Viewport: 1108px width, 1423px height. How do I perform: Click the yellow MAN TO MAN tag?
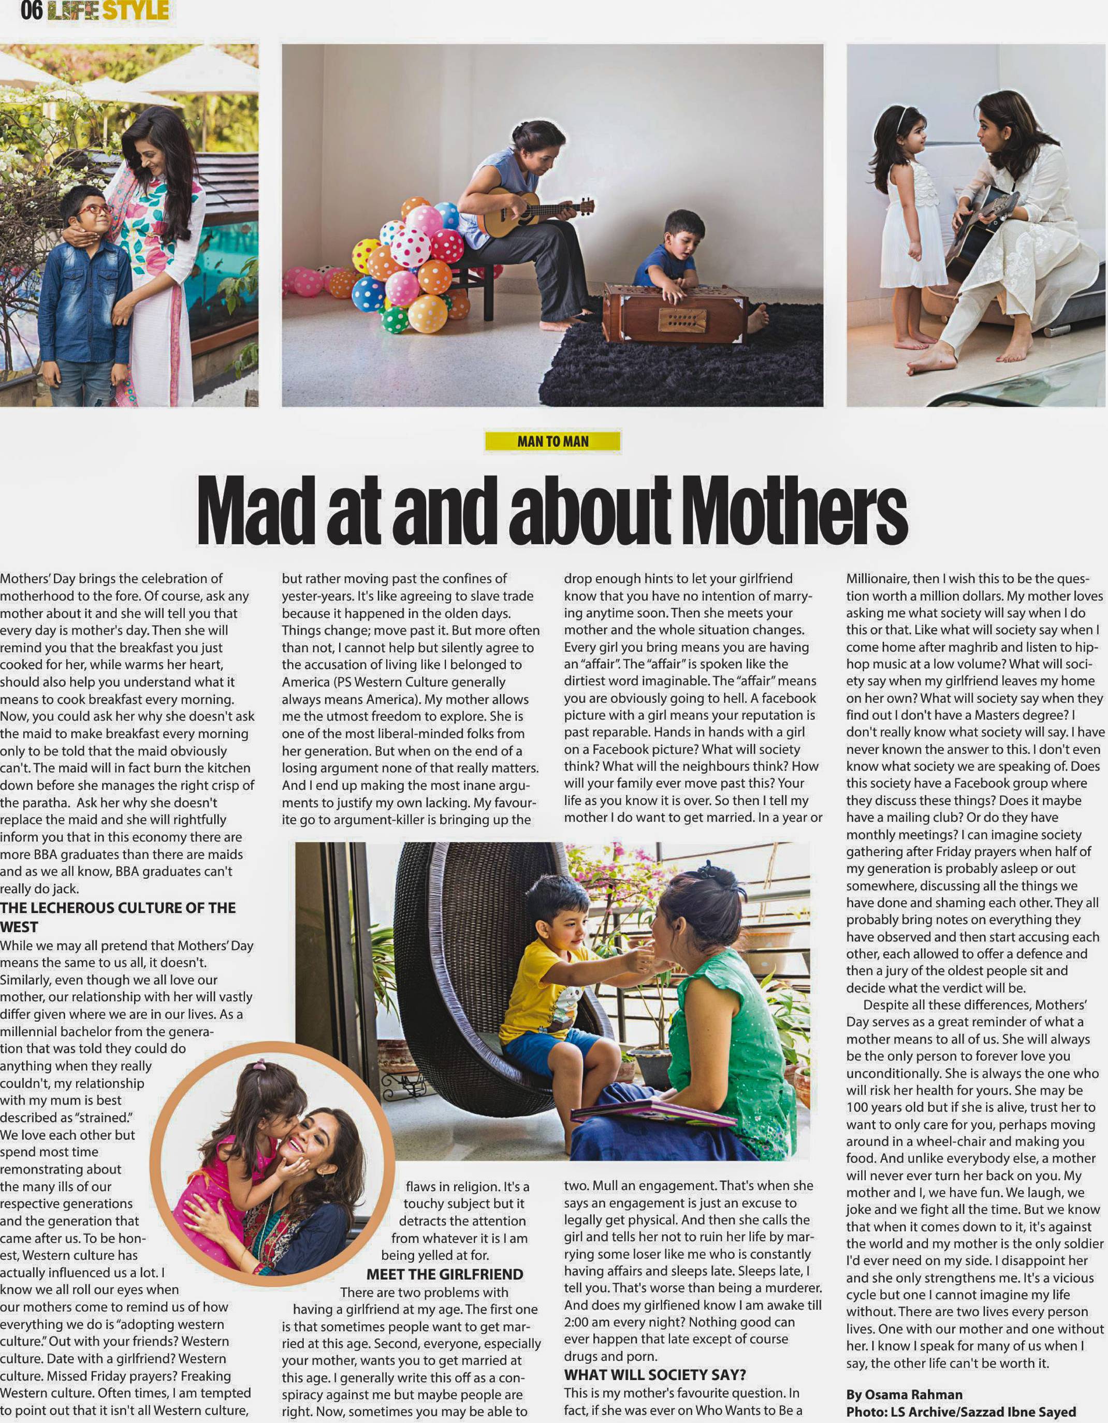click(552, 441)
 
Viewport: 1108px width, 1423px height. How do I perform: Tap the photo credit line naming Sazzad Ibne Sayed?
click(961, 1411)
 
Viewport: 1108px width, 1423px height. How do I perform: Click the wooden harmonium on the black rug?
click(675, 313)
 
